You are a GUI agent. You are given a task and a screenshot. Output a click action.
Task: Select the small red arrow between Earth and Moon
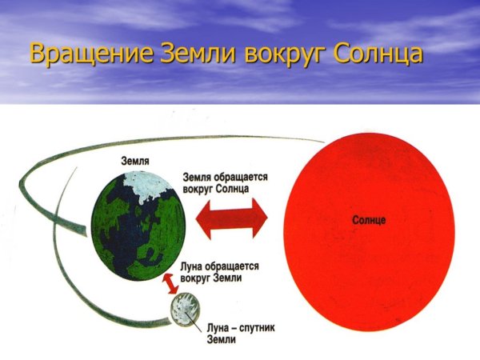169,283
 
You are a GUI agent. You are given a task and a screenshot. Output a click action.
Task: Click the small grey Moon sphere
185,311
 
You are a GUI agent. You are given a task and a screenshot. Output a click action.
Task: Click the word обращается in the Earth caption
238,176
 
